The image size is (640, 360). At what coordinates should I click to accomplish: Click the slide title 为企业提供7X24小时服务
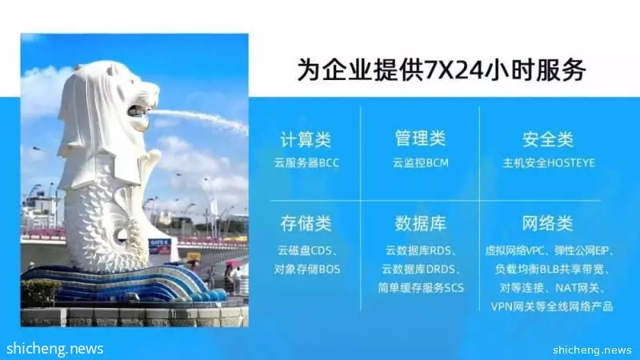point(442,70)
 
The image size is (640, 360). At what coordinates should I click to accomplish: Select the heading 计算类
point(306,139)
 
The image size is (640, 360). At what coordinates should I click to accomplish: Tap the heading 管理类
point(420,138)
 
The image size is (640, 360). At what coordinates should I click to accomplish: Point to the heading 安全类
point(548,139)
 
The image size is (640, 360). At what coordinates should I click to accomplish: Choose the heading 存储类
point(306,224)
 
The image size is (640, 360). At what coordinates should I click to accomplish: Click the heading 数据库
point(420,224)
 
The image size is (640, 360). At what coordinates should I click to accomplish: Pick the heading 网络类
point(548,224)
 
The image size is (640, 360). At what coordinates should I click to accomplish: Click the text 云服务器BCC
point(306,163)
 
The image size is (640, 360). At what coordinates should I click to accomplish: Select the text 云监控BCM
point(421,163)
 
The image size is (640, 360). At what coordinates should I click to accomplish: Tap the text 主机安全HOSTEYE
point(549,163)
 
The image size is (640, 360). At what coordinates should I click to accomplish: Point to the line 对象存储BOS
point(307,270)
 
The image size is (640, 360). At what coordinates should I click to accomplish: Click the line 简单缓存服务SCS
point(421,288)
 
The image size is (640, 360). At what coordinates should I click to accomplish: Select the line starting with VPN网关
point(552,306)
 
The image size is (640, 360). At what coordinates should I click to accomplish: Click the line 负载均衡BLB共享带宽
point(549,270)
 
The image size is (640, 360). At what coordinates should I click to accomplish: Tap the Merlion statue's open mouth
point(138,111)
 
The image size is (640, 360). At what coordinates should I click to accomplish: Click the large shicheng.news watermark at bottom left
point(55,349)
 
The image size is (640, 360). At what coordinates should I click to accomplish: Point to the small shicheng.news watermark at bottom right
point(592,350)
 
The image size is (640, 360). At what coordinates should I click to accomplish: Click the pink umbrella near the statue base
point(231,263)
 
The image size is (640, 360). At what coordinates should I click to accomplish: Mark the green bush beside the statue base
point(40,292)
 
